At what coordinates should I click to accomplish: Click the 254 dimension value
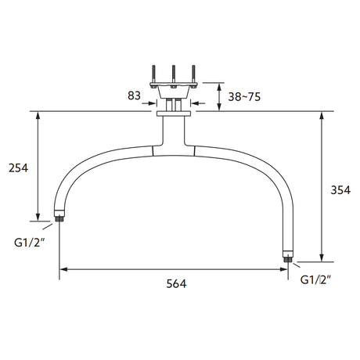18,168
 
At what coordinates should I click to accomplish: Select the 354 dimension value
340,190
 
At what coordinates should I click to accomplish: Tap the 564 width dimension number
176,283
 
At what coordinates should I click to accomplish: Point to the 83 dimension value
134,95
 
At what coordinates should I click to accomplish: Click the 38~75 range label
244,97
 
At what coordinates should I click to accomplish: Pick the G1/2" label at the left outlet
30,243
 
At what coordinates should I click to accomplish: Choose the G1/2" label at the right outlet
315,280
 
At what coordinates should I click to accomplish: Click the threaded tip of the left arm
59,218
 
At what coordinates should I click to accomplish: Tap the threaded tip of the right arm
288,259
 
